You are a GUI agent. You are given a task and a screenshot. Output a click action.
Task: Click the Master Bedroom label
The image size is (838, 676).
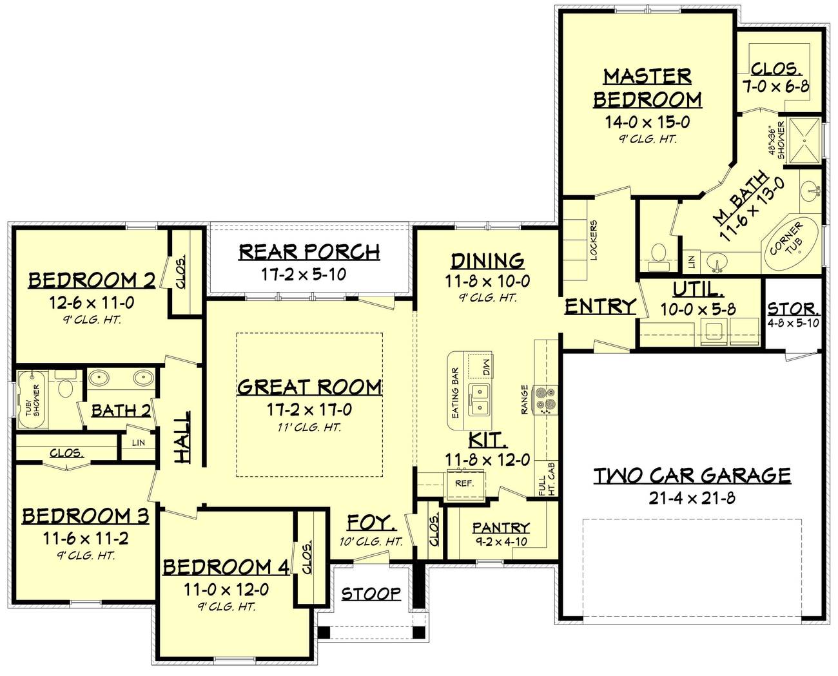pos(647,88)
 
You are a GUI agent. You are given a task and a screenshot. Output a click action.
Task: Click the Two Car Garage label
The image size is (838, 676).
pos(692,476)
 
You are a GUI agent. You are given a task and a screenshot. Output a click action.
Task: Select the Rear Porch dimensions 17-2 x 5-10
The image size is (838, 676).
pos(304,274)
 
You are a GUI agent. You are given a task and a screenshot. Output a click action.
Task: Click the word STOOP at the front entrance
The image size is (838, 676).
pos(371,593)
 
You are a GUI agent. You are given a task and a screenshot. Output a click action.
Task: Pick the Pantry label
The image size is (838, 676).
pos(501,527)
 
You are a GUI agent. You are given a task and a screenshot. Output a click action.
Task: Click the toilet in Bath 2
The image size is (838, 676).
pos(66,389)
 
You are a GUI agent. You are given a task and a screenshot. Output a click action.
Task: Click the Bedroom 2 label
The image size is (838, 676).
pos(92,280)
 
